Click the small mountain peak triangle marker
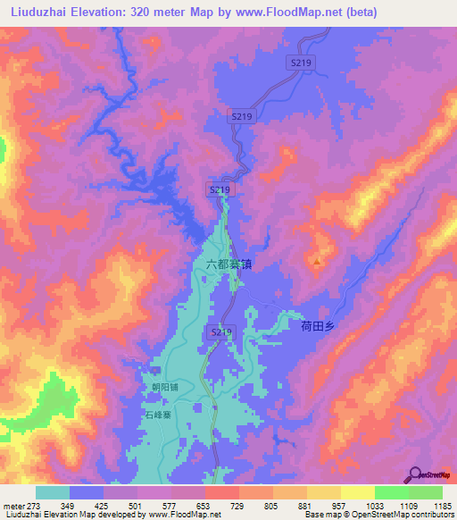tap(317, 263)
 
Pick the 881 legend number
tap(305, 506)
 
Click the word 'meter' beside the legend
tap(13, 506)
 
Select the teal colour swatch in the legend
tap(53, 492)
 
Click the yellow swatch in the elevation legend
tap(357, 492)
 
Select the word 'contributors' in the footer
tap(430, 515)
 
